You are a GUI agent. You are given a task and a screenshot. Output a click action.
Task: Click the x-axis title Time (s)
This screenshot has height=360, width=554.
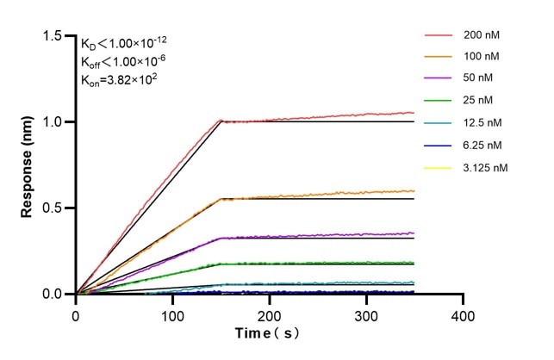[270, 333]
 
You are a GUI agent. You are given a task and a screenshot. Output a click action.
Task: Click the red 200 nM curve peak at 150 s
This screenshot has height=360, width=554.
[221, 121]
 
